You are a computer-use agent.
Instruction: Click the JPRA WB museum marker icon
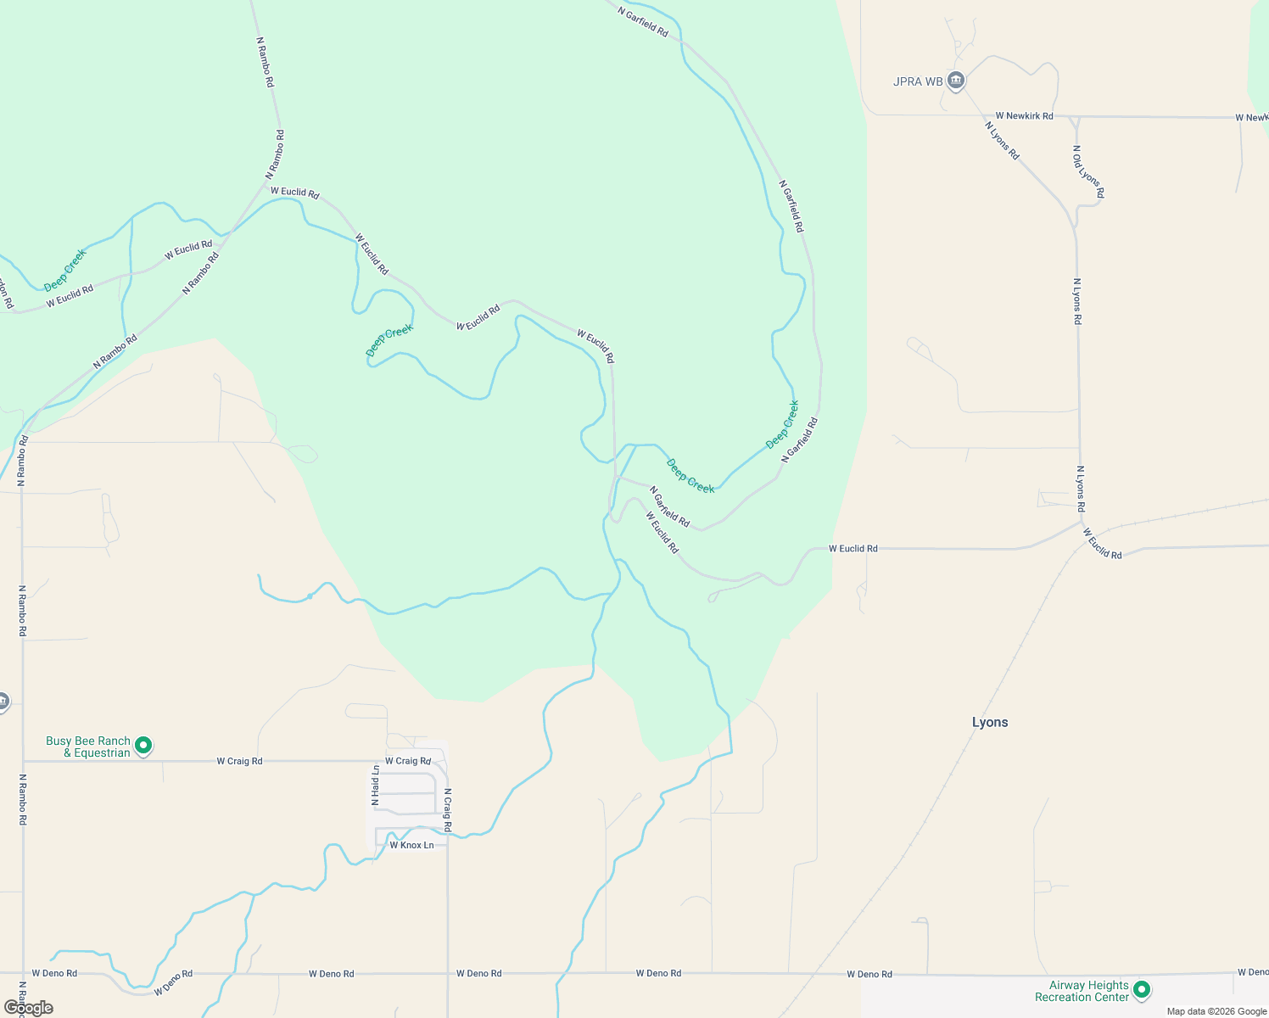click(956, 81)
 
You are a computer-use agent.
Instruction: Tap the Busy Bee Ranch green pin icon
click(144, 746)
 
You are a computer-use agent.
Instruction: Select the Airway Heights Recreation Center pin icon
click(1142, 989)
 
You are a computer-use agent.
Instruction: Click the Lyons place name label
click(990, 722)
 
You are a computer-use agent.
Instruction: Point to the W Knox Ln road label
click(411, 845)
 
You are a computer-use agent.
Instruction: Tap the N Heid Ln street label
click(375, 785)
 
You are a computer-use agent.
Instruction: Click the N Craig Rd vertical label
click(448, 809)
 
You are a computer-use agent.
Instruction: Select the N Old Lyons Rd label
click(1088, 172)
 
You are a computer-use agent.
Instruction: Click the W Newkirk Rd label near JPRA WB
click(1024, 115)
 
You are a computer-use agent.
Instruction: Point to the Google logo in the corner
click(28, 1008)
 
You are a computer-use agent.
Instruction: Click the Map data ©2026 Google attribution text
click(1216, 1011)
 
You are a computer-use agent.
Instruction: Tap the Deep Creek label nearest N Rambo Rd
click(65, 270)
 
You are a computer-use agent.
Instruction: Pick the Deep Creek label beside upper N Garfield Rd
click(782, 424)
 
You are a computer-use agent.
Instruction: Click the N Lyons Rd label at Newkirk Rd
click(1002, 141)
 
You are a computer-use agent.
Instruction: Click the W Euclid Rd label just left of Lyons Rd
click(853, 549)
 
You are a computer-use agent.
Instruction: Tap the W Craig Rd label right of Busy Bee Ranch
click(239, 761)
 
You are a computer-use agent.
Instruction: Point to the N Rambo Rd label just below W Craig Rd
click(23, 799)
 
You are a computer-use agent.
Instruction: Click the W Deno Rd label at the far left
click(54, 973)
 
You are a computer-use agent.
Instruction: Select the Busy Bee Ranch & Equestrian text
click(88, 747)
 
